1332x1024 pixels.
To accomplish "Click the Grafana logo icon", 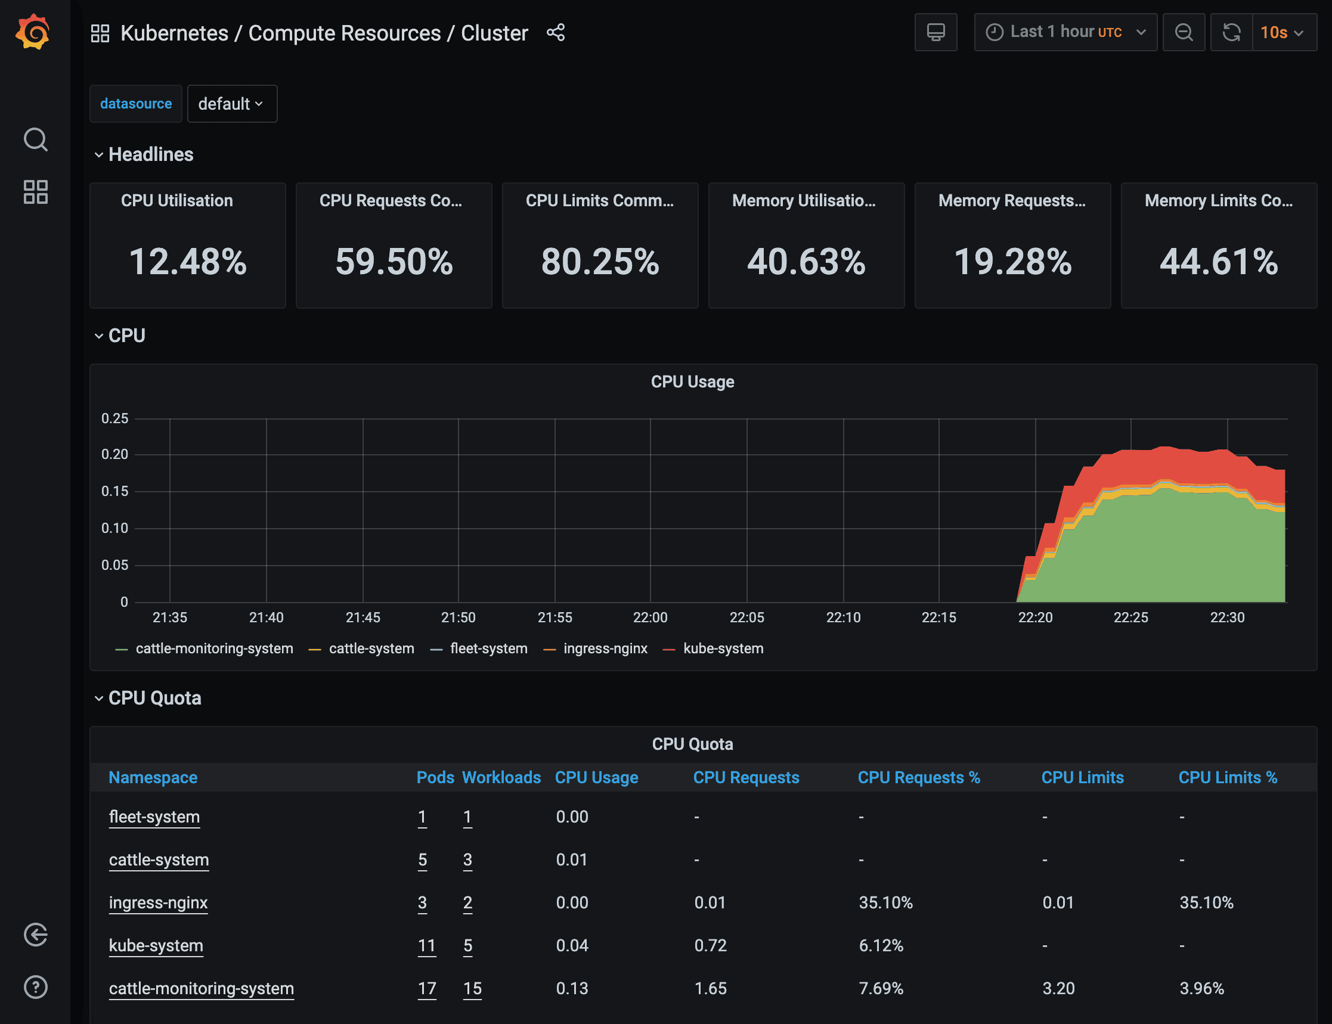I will pyautogui.click(x=33, y=32).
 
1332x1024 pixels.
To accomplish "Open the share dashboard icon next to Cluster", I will pyautogui.click(x=555, y=33).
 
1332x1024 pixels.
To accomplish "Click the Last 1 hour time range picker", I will pyautogui.click(x=1065, y=32).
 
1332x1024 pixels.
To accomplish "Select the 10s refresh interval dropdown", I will pyautogui.click(x=1283, y=32).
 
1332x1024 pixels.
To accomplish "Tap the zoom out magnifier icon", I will pyautogui.click(x=1184, y=32).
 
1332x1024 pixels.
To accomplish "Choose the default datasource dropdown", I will pyautogui.click(x=232, y=104).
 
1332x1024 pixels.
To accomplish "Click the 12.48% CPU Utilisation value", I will pyautogui.click(x=188, y=262).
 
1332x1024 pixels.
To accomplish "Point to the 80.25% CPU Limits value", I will pyautogui.click(x=600, y=262).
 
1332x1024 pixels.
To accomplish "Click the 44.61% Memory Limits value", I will pyautogui.click(x=1219, y=262).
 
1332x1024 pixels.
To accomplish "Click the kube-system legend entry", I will pyautogui.click(x=723, y=648).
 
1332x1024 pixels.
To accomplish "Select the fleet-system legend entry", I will pyautogui.click(x=488, y=648).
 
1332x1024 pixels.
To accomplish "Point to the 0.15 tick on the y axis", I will pyautogui.click(x=114, y=491).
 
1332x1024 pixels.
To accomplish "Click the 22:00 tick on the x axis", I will pyautogui.click(x=650, y=617).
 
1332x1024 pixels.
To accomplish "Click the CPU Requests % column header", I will pyautogui.click(x=918, y=778).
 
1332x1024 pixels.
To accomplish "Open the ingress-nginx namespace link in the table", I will pyautogui.click(x=158, y=902).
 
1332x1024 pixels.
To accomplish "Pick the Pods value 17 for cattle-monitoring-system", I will pyautogui.click(x=427, y=989).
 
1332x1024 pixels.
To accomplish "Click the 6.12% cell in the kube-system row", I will pyautogui.click(x=881, y=946).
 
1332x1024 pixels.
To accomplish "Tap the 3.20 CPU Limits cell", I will pyautogui.click(x=1058, y=989).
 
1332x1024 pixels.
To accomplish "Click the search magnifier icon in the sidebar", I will pyautogui.click(x=35, y=139).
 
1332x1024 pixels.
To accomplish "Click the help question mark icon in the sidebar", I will pyautogui.click(x=35, y=987).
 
